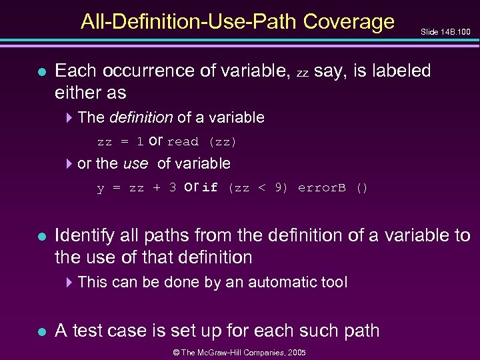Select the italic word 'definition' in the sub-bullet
(141, 118)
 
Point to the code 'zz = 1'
(120, 142)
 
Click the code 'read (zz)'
(202, 142)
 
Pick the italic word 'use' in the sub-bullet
(135, 163)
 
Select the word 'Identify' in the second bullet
(85, 236)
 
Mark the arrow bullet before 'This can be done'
(71, 283)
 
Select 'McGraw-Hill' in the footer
(225, 351)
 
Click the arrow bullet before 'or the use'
(71, 164)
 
